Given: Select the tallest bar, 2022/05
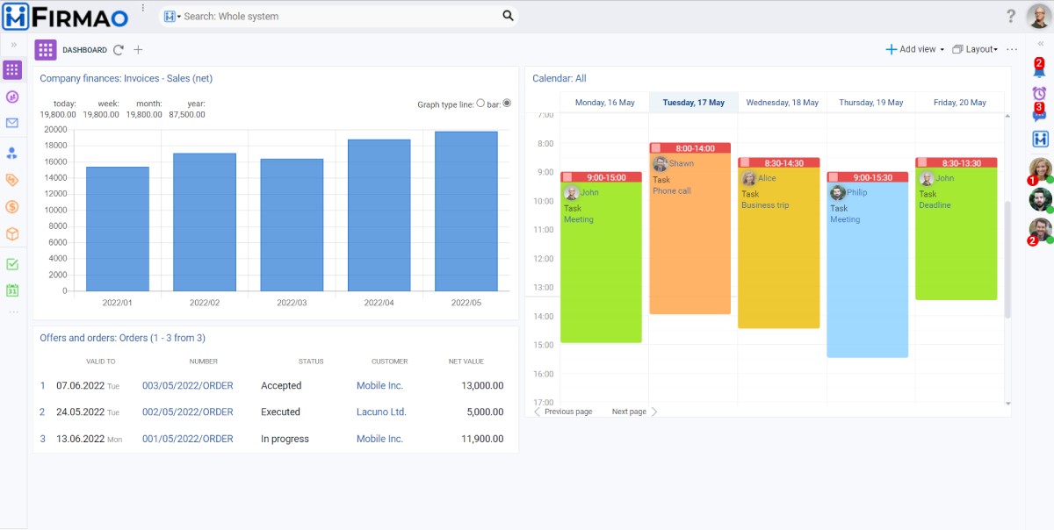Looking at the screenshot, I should (466, 211).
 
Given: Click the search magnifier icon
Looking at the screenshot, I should (508, 16).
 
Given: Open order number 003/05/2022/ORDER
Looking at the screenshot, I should (188, 385).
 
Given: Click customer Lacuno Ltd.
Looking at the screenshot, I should (381, 412).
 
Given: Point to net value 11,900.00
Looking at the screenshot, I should (482, 439).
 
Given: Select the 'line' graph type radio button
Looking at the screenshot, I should (480, 104).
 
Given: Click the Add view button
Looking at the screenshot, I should (914, 49).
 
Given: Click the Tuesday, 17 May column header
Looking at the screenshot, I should (693, 103).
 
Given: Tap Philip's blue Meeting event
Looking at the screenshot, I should (867, 263).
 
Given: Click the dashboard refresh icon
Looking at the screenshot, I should (119, 50).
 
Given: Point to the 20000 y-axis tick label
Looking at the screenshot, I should (55, 129).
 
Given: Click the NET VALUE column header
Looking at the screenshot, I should (466, 362).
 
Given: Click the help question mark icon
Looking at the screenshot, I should (1011, 16).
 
